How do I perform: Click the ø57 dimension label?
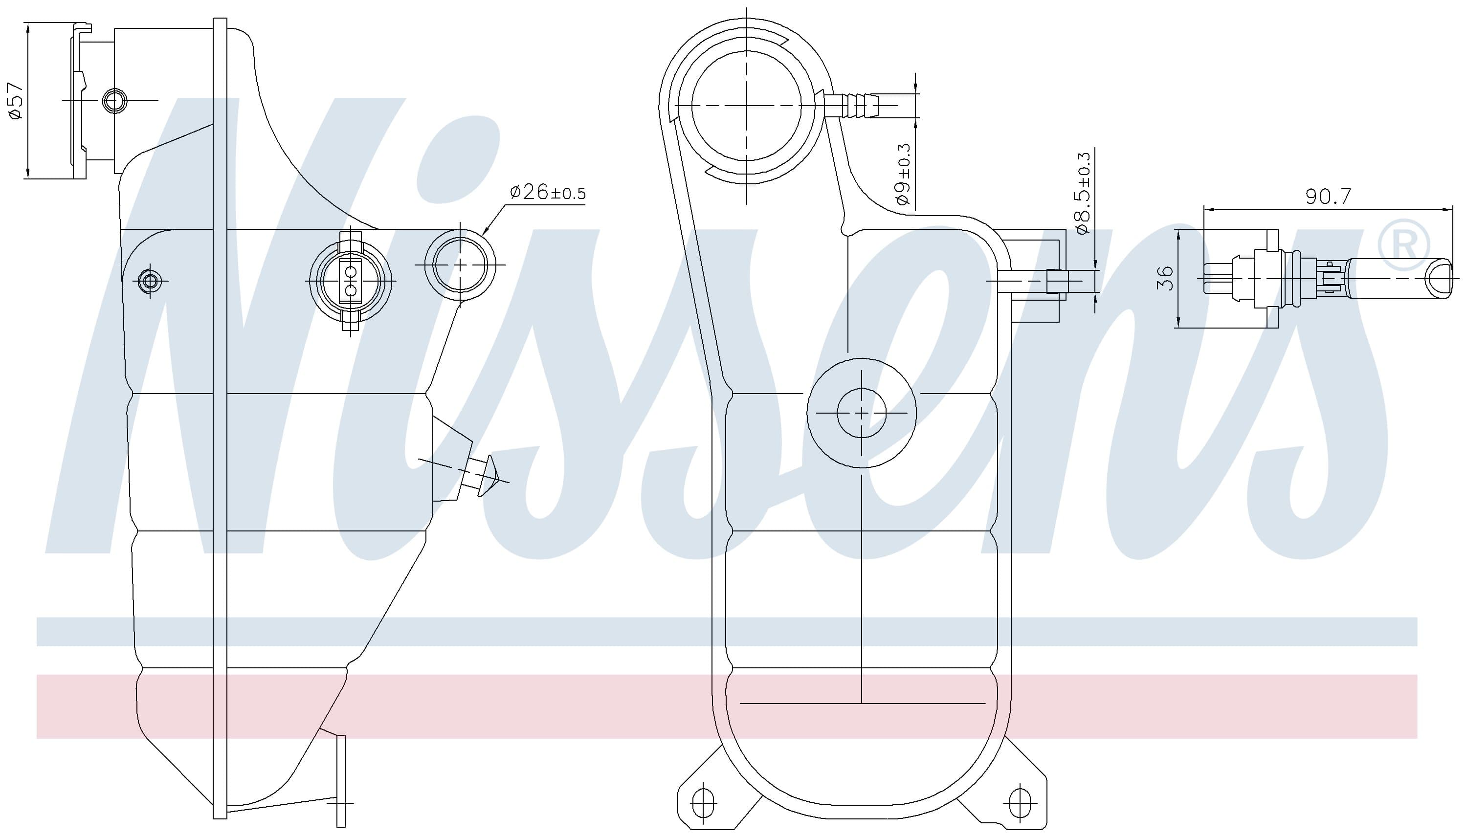click(x=16, y=101)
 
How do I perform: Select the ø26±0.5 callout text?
click(x=547, y=193)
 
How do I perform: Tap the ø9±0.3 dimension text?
click(x=903, y=174)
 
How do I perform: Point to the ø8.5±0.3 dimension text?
click(x=1083, y=194)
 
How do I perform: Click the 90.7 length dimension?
click(x=1328, y=197)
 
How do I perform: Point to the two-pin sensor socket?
click(x=350, y=281)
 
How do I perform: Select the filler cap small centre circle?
click(x=112, y=101)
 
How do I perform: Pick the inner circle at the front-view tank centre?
click(x=862, y=413)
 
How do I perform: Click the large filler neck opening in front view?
click(x=746, y=105)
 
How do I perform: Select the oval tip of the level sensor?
click(x=1438, y=279)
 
